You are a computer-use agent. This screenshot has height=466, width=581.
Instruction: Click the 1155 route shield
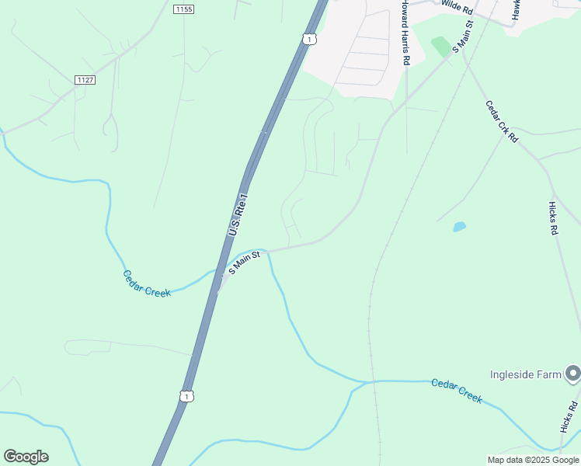184,9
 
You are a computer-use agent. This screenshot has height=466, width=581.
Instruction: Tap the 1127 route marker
85,80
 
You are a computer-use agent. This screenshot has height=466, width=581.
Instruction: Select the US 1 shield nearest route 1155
310,39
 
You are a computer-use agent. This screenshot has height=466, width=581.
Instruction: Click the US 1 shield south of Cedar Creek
186,396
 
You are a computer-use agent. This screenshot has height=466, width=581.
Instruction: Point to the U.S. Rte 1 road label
238,215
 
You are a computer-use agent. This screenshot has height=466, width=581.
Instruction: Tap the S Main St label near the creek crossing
244,263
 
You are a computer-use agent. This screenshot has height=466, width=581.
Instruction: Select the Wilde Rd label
457,7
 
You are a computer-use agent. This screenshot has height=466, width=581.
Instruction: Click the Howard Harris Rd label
405,33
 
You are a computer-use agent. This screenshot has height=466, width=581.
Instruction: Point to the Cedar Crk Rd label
502,121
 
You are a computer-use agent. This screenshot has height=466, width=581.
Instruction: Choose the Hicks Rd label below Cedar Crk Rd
553,218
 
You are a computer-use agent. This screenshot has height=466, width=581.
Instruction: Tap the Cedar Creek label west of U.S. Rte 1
147,283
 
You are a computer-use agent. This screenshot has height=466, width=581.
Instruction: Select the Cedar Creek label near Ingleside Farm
457,391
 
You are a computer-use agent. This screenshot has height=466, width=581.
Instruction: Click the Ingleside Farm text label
525,374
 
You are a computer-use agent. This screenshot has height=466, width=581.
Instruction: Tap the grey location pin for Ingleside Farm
573,374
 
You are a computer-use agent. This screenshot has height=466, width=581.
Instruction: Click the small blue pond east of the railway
459,227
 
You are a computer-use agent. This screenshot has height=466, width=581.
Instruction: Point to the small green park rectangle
441,46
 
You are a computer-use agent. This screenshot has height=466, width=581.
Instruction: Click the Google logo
26,457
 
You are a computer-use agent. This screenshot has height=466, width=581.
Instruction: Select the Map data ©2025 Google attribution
533,460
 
